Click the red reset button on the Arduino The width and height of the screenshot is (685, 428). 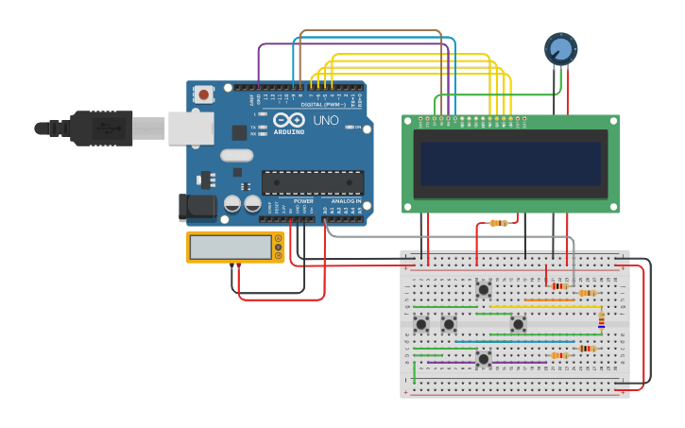coord(203,94)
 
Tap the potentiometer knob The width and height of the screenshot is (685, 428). coord(560,48)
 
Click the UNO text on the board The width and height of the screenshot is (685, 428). coord(325,120)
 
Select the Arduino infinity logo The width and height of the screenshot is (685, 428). coord(287,120)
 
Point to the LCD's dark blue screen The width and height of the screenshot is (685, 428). coord(510,163)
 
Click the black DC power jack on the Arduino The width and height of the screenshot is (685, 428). coord(196,208)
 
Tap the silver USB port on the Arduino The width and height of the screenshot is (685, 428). coord(191,128)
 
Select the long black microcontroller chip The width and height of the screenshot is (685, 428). coord(312,181)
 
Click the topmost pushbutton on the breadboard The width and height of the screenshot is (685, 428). coord(484,289)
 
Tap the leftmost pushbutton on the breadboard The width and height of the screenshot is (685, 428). coord(421,324)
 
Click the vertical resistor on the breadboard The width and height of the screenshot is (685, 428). coord(601,320)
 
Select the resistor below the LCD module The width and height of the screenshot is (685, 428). coord(499,223)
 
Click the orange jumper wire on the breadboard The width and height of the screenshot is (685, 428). coord(548,300)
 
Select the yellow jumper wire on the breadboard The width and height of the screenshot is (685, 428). coord(543,307)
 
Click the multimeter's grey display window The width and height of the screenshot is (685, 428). coord(231,248)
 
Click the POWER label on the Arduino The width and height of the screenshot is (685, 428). coord(303,200)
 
